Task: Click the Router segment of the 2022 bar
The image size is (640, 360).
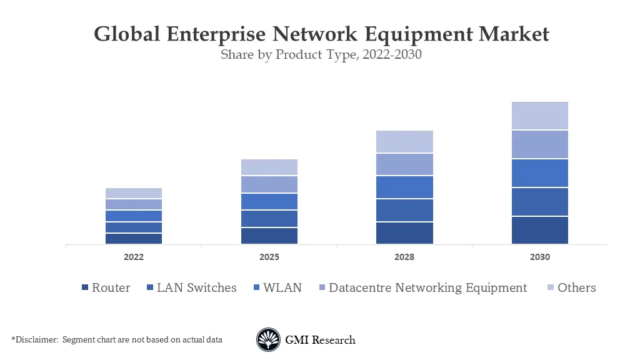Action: (134, 238)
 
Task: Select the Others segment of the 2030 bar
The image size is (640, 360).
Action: (540, 116)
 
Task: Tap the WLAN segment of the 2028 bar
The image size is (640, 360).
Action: (404, 187)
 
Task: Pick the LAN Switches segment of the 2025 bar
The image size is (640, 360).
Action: (269, 219)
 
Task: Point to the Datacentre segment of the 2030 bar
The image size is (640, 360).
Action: (540, 144)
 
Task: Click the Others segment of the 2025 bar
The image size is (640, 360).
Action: (269, 167)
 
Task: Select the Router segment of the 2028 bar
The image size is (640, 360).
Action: (404, 232)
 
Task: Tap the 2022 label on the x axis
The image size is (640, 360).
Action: (134, 257)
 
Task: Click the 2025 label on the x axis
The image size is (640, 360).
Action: (269, 257)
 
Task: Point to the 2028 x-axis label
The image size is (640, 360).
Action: (404, 257)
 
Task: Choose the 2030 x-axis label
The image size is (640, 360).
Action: (540, 257)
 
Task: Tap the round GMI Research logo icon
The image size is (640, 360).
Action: (268, 340)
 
